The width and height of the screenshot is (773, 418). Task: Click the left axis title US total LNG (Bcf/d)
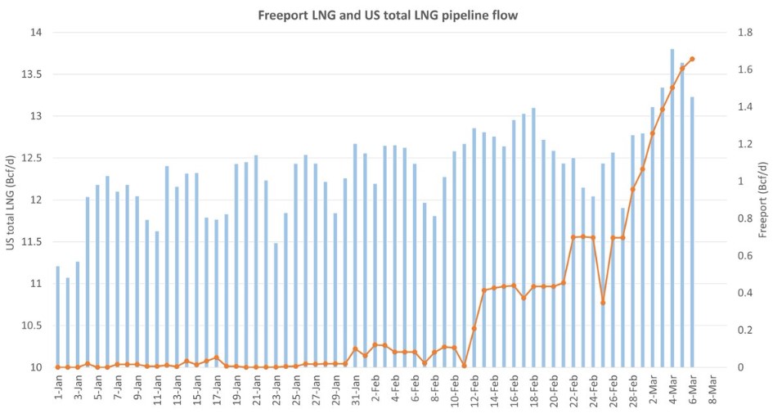[11, 200]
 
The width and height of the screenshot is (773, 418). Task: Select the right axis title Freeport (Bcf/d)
[761, 200]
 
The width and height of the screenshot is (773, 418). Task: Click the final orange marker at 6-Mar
[692, 59]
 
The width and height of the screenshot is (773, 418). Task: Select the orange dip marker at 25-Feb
[603, 303]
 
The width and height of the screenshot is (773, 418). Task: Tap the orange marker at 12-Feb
[474, 328]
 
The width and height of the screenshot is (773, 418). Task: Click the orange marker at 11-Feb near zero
[464, 366]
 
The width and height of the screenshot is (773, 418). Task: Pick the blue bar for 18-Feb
[533, 237]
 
